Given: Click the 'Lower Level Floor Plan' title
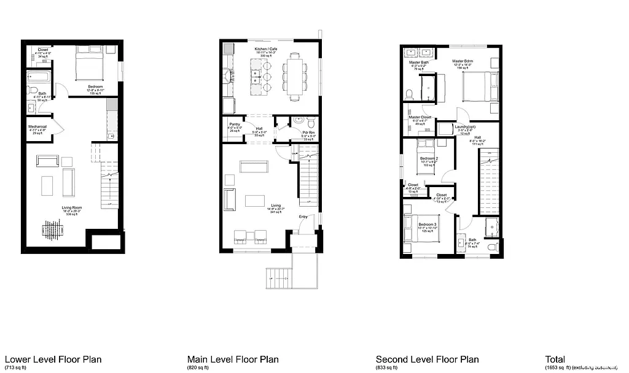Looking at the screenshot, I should (x=53, y=360).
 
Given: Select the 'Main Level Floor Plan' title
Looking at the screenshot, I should (x=233, y=360).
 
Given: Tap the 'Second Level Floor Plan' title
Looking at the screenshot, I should (x=427, y=360).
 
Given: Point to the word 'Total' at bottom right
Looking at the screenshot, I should (x=555, y=360).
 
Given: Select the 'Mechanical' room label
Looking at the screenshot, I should (x=37, y=126).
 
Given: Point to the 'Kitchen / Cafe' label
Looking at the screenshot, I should (x=267, y=48).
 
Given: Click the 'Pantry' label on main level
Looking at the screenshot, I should (x=235, y=124).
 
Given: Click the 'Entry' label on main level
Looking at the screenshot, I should (x=303, y=217).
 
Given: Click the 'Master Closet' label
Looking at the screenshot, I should (x=420, y=117).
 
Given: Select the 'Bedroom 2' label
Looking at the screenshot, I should (x=429, y=158).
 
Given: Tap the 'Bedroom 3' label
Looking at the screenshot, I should (x=428, y=225).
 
